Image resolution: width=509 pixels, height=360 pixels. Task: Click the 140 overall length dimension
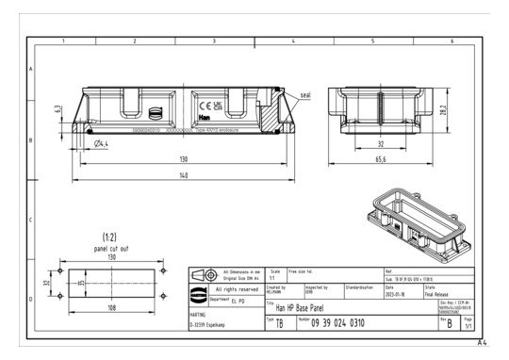pyautogui.click(x=183, y=175)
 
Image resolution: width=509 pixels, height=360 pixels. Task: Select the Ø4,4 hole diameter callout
pyautogui.click(x=105, y=143)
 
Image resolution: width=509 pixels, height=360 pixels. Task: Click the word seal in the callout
pyautogui.click(x=305, y=93)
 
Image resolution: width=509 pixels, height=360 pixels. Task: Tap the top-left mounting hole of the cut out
pyautogui.click(x=61, y=270)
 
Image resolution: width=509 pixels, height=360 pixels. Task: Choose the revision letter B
pyautogui.click(x=449, y=323)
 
